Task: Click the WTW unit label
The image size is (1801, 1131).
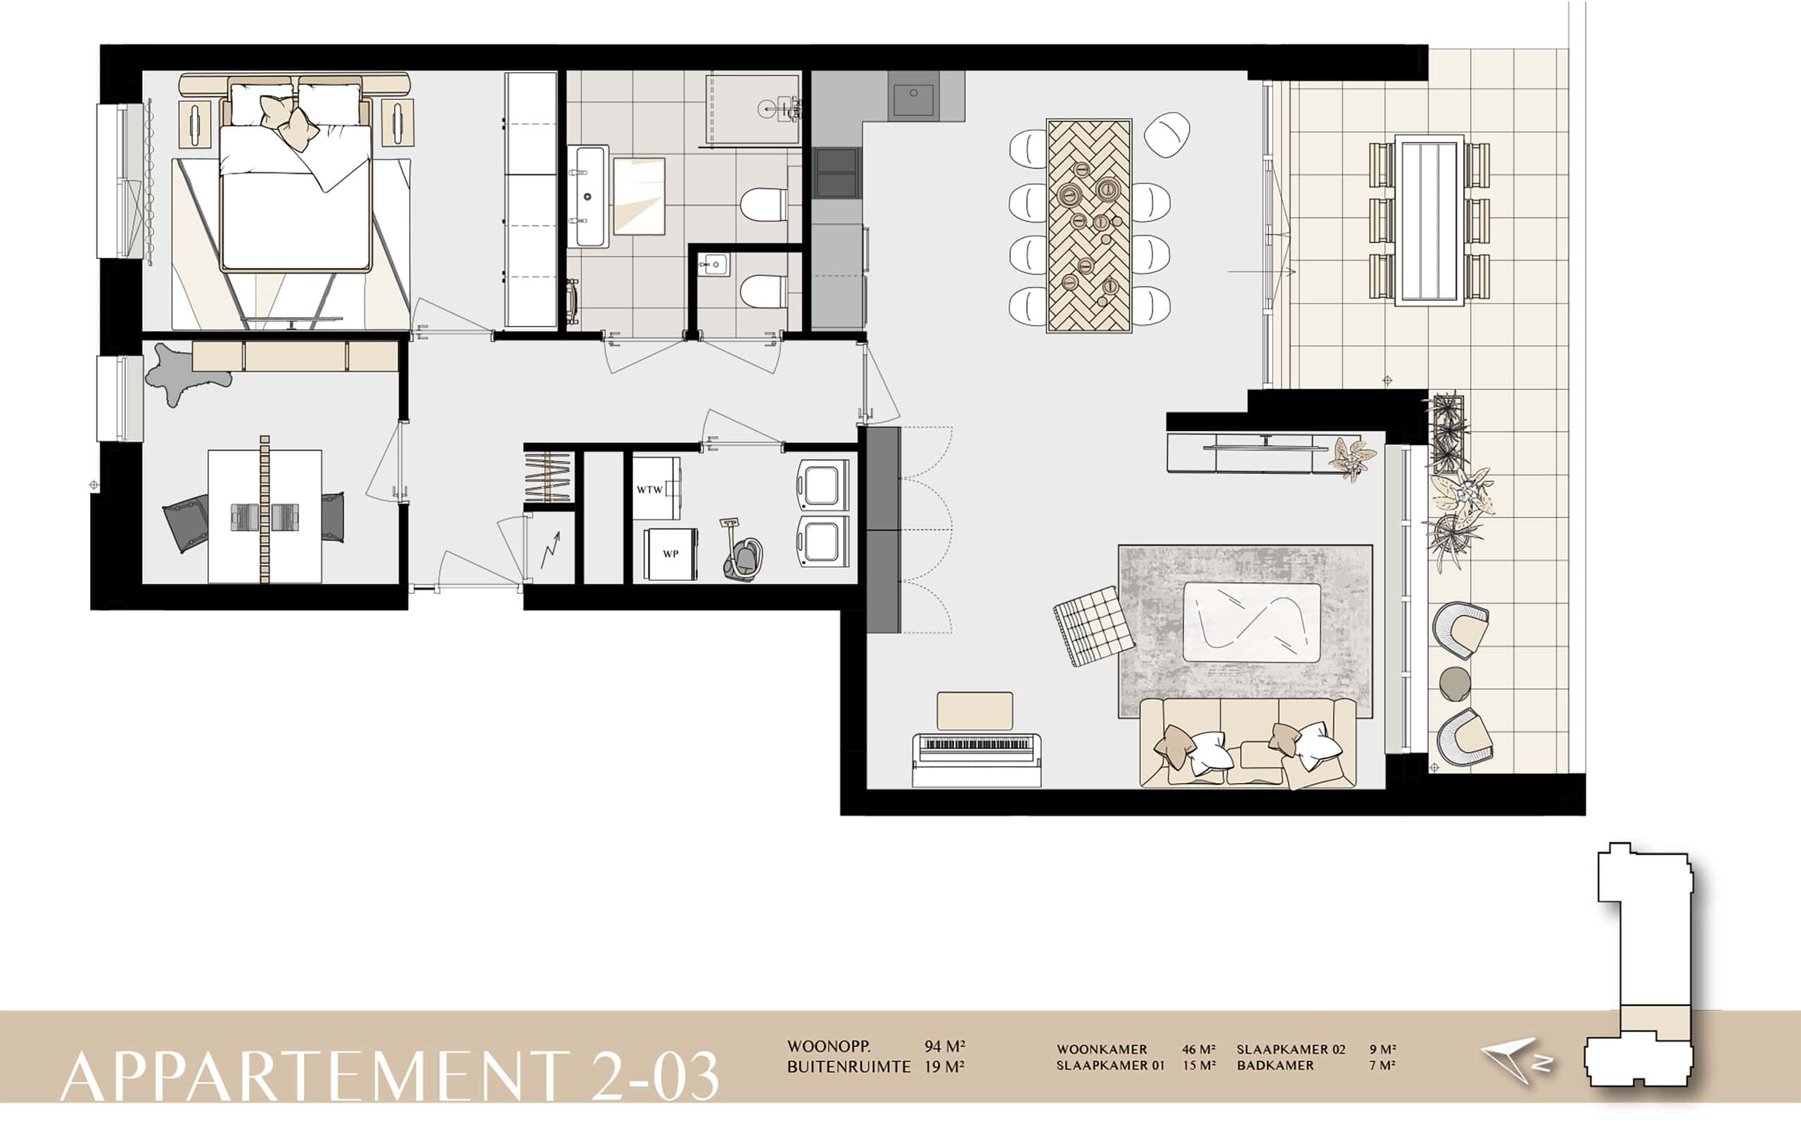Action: (649, 491)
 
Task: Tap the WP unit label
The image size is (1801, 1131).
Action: (670, 554)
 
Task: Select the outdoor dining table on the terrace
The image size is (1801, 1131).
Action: (1429, 220)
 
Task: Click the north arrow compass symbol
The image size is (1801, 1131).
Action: (1517, 1061)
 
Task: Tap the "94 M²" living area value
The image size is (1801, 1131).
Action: (944, 1047)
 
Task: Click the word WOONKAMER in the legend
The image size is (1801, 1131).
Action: (1101, 1049)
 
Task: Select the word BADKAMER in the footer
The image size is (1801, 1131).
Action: (1275, 1065)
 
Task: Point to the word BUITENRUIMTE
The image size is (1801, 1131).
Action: (848, 1067)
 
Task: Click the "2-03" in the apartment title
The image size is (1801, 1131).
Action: (655, 1075)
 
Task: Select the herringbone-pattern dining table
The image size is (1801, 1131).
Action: (1089, 225)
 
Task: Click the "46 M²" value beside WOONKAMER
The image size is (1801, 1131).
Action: (1198, 1049)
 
